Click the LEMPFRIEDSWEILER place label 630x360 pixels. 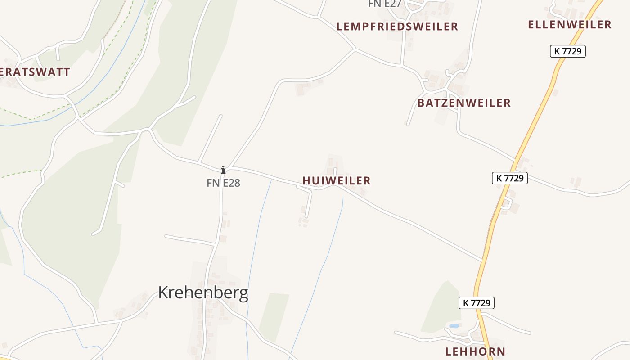pyautogui.click(x=397, y=27)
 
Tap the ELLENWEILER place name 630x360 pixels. pyautogui.click(x=569, y=24)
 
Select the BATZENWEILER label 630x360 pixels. pyautogui.click(x=464, y=103)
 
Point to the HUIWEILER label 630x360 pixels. pyautogui.click(x=336, y=181)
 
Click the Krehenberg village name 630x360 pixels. pyautogui.click(x=203, y=293)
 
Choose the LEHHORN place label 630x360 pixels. pyautogui.click(x=475, y=351)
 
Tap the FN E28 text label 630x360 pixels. pyautogui.click(x=223, y=183)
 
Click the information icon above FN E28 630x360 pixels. pyautogui.click(x=223, y=170)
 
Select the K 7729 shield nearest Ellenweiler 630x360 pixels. pyautogui.click(x=567, y=51)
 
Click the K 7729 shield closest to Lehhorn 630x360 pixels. pyautogui.click(x=477, y=303)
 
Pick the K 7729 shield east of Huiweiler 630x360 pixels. pyautogui.click(x=509, y=178)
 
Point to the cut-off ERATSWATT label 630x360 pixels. pyautogui.click(x=35, y=72)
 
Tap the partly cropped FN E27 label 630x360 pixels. pyautogui.click(x=384, y=4)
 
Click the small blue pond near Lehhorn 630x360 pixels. pyautogui.click(x=454, y=325)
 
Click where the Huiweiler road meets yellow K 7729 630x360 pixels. pyautogui.click(x=482, y=261)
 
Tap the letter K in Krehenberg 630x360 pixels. pyautogui.click(x=163, y=293)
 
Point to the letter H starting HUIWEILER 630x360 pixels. pyautogui.click(x=306, y=181)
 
